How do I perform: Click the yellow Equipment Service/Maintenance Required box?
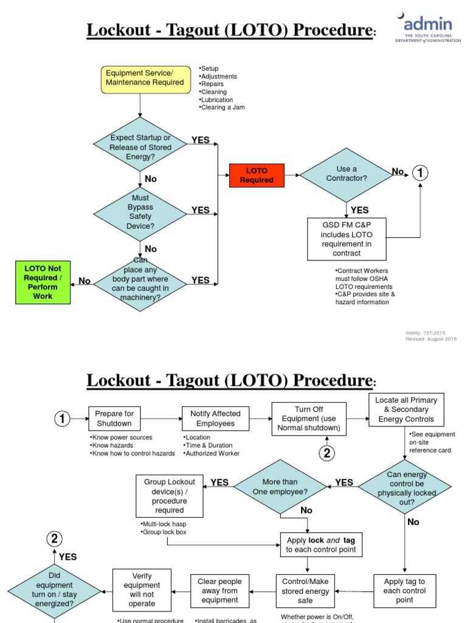(x=145, y=78)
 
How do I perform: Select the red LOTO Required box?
(x=257, y=175)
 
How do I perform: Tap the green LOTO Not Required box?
(x=43, y=282)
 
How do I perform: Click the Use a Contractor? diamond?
(x=347, y=174)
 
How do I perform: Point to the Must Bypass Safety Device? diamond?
(x=140, y=212)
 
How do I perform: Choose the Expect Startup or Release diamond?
(x=140, y=144)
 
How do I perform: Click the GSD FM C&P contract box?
(x=347, y=238)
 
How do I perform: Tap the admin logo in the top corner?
(x=426, y=28)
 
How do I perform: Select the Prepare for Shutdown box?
(x=114, y=419)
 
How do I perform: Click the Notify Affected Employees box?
(x=215, y=419)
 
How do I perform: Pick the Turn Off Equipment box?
(x=309, y=419)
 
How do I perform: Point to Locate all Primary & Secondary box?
(x=406, y=409)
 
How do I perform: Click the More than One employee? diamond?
(x=280, y=487)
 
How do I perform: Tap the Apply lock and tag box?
(x=321, y=545)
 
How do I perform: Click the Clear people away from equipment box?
(x=220, y=591)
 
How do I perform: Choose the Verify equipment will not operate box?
(x=142, y=590)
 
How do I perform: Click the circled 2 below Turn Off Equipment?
(x=327, y=453)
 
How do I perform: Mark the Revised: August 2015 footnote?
(x=431, y=339)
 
